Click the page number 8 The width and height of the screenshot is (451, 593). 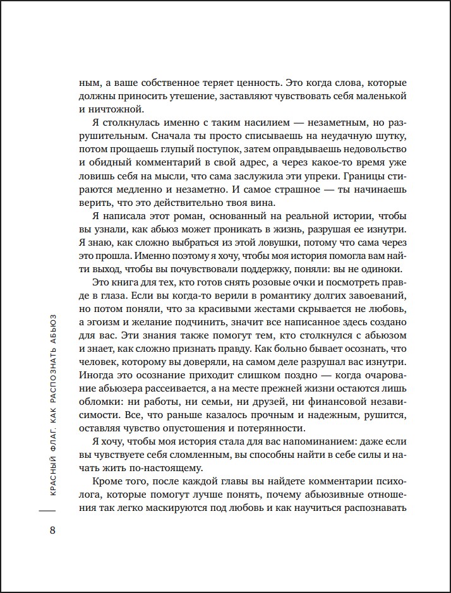tap(52, 529)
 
